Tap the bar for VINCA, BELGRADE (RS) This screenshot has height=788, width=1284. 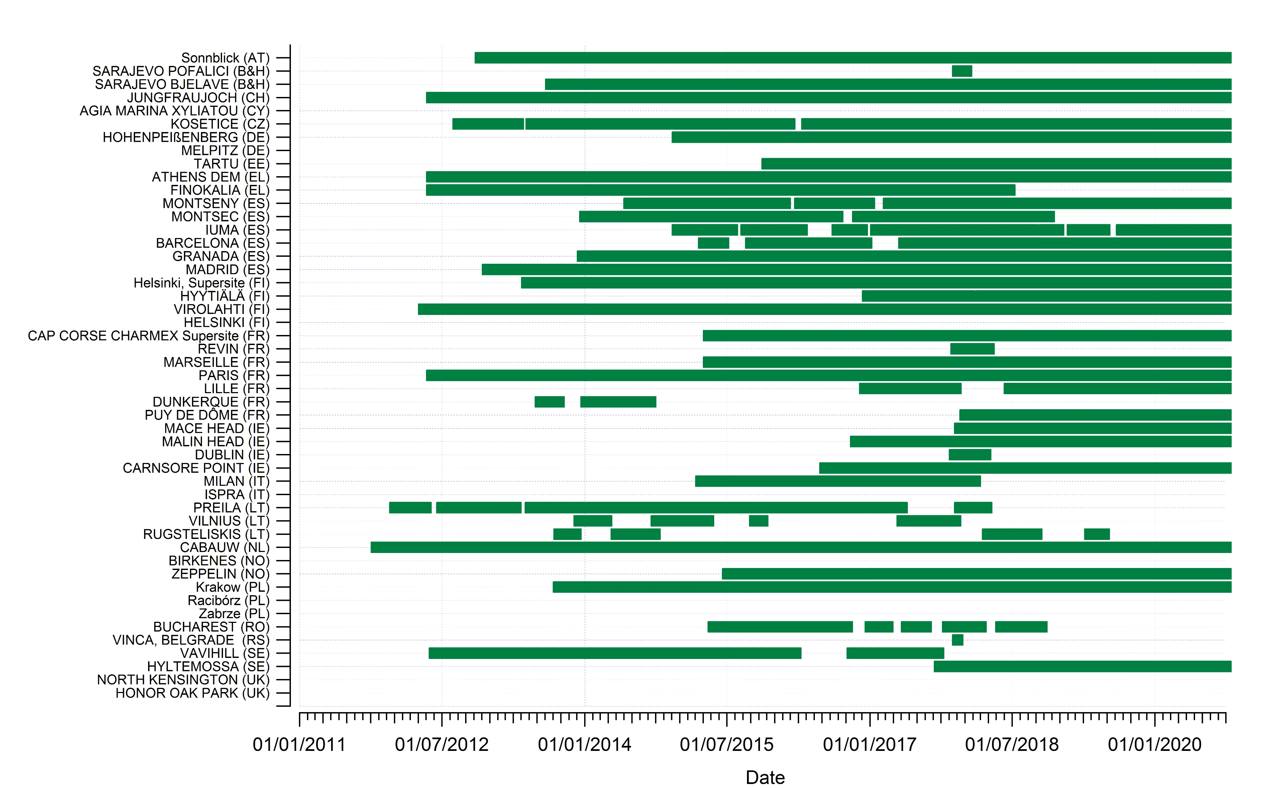pyautogui.click(x=957, y=640)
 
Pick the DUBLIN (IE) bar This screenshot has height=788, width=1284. pyautogui.click(x=969, y=454)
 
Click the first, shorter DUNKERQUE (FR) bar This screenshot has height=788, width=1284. pyautogui.click(x=549, y=402)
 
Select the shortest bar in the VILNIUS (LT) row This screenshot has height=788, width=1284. pyautogui.click(x=758, y=521)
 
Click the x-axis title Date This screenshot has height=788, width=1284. pyautogui.click(x=765, y=777)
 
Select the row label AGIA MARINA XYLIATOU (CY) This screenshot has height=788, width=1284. pyautogui.click(x=175, y=111)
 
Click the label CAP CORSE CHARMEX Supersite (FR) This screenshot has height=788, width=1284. pyautogui.click(x=148, y=336)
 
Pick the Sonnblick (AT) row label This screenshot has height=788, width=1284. pyautogui.click(x=225, y=58)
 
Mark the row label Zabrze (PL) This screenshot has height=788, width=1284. pyautogui.click(x=234, y=614)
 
